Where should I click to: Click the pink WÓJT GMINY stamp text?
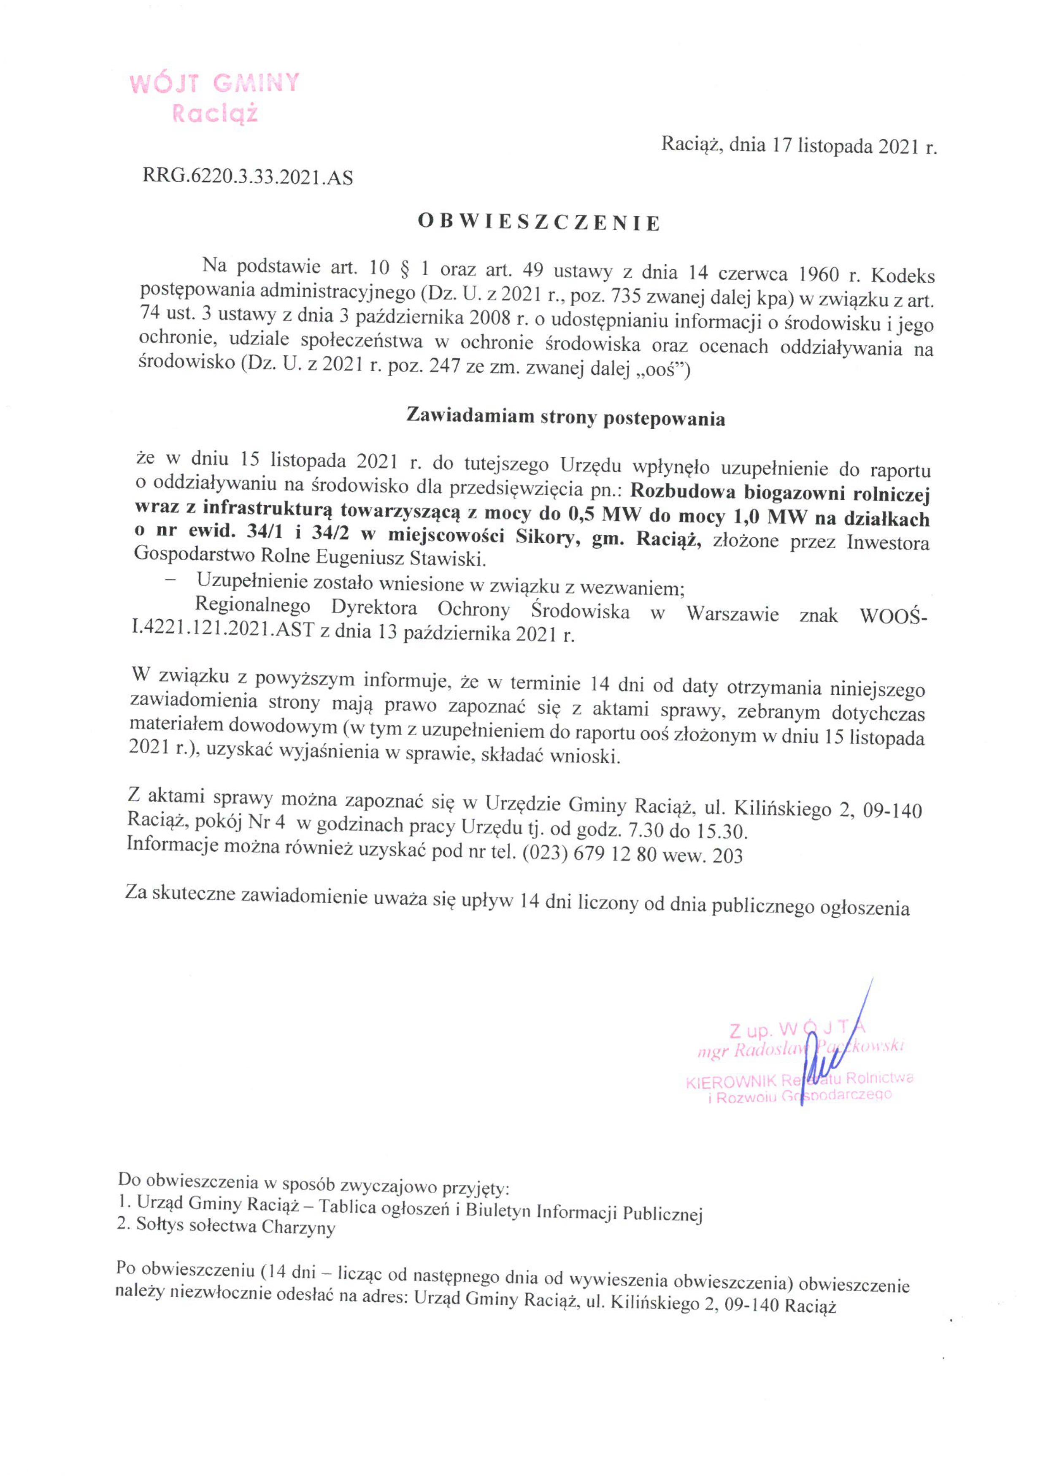[x=214, y=84]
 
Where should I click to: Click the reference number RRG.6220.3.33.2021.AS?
[x=248, y=177]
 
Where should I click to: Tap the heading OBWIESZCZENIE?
[x=539, y=223]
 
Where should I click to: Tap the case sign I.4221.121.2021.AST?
[x=222, y=629]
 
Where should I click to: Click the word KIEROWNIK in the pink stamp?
[x=731, y=1082]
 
